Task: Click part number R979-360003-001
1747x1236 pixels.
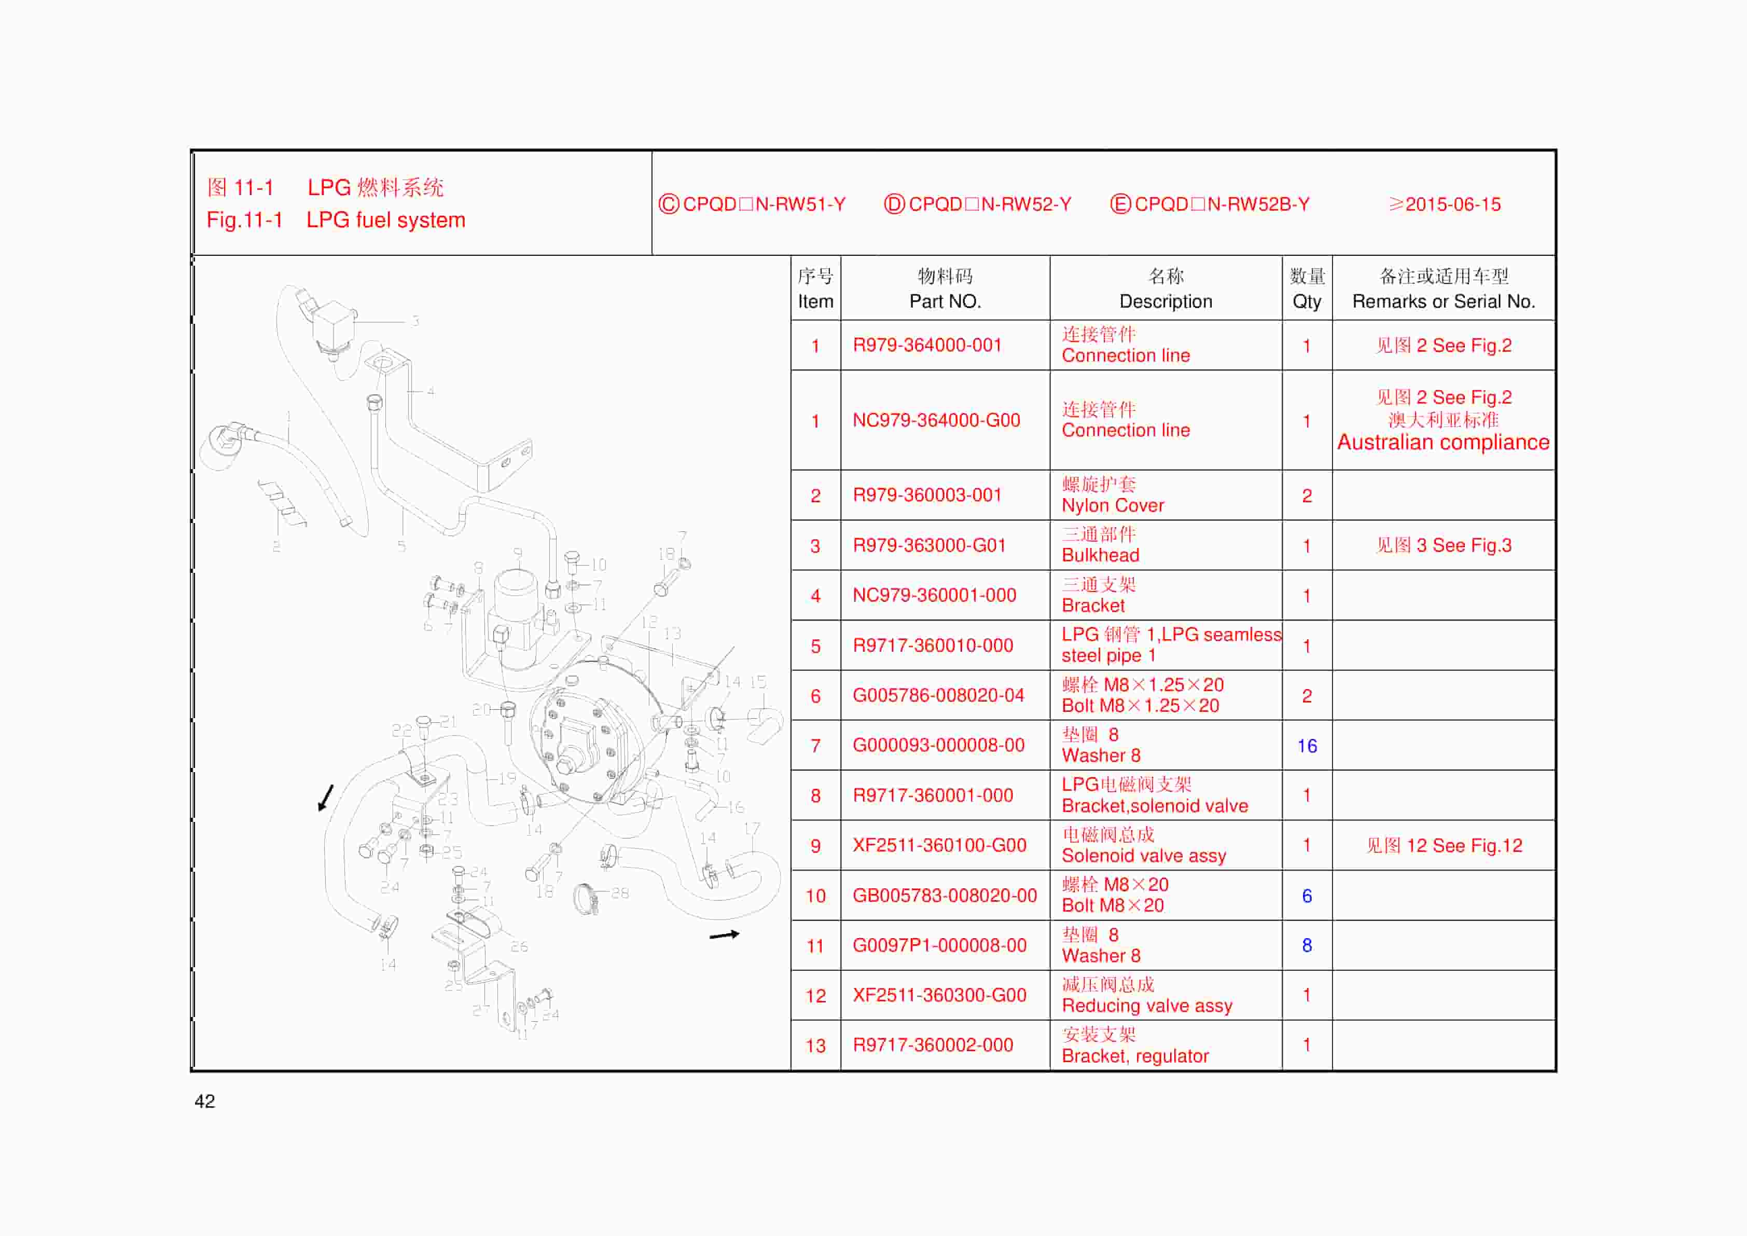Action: tap(927, 496)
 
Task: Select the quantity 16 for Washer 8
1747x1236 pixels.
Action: tap(1307, 746)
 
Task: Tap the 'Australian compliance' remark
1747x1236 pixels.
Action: tap(1443, 443)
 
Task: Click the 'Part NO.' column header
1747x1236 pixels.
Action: tap(945, 301)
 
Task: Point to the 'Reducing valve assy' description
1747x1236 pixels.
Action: tap(1147, 1006)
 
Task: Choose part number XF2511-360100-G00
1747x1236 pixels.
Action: tap(939, 846)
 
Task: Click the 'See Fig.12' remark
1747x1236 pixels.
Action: tap(1444, 846)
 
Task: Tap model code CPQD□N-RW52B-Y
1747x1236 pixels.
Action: tap(1221, 205)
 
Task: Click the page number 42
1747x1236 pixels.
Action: tap(205, 1101)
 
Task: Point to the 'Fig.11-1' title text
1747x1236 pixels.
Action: tap(244, 221)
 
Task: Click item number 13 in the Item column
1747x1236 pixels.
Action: tap(815, 1046)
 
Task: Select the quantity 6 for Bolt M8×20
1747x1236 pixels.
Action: tap(1307, 896)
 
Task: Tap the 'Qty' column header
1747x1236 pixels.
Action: tap(1307, 301)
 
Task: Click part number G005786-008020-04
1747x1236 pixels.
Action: tap(938, 696)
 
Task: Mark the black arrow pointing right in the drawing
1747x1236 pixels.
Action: tap(724, 935)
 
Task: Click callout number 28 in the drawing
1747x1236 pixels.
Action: tap(620, 892)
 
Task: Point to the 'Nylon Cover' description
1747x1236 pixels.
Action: tap(1113, 505)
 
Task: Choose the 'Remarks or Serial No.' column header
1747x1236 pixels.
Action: tap(1444, 301)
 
